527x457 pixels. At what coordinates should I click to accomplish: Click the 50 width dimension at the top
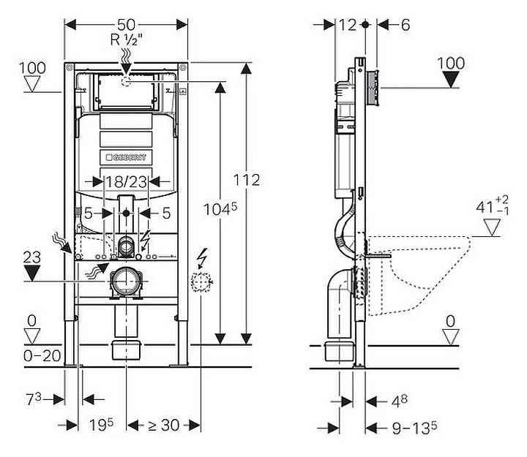pyautogui.click(x=126, y=25)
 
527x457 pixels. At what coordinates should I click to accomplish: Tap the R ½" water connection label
pyautogui.click(x=127, y=40)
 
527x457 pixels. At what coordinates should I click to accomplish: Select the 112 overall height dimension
pyautogui.click(x=247, y=181)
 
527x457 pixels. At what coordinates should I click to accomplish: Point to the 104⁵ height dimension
pyautogui.click(x=220, y=210)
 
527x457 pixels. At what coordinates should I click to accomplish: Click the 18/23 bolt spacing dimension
pyautogui.click(x=126, y=182)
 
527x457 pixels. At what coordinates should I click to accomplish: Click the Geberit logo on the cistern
pyautogui.click(x=126, y=157)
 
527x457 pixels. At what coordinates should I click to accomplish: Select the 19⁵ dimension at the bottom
pyautogui.click(x=101, y=425)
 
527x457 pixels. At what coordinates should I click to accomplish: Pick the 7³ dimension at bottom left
pyautogui.click(x=33, y=399)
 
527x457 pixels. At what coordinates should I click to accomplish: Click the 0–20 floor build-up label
pyautogui.click(x=42, y=355)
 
